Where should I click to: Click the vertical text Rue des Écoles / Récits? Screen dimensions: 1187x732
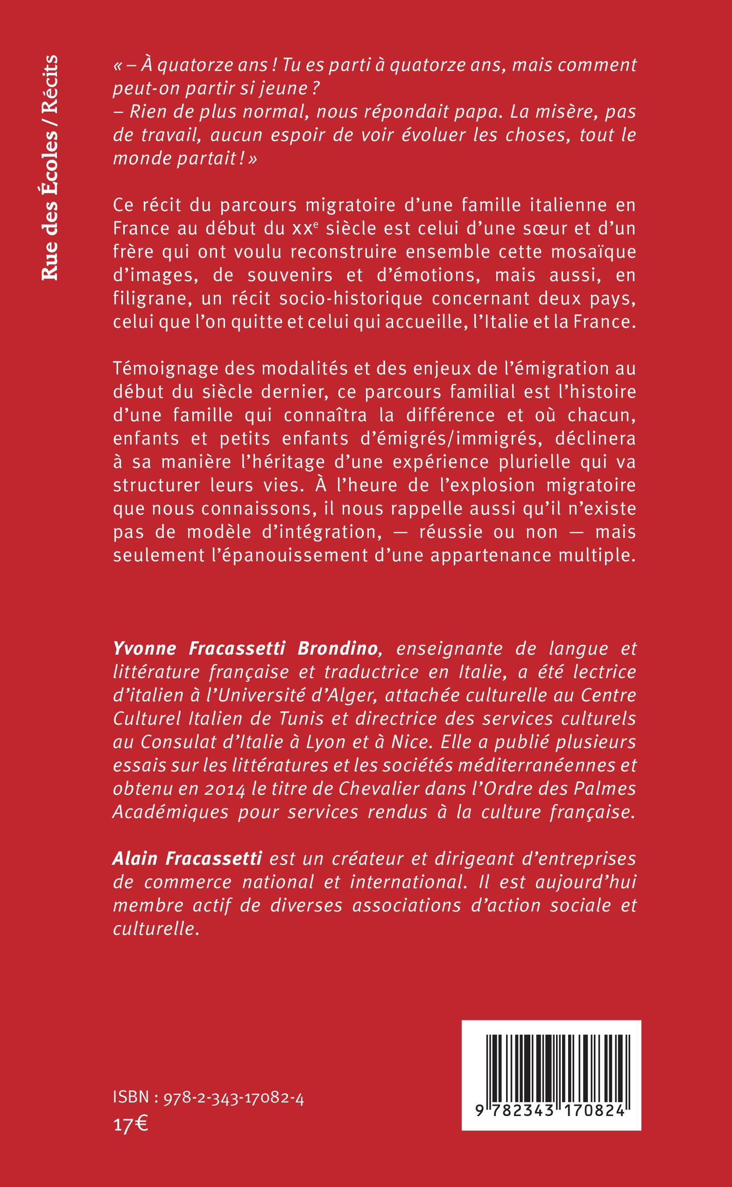coord(49,167)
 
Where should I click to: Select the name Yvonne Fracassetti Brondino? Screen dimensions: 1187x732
coord(245,649)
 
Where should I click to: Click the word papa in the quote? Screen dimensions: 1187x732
coord(458,113)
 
